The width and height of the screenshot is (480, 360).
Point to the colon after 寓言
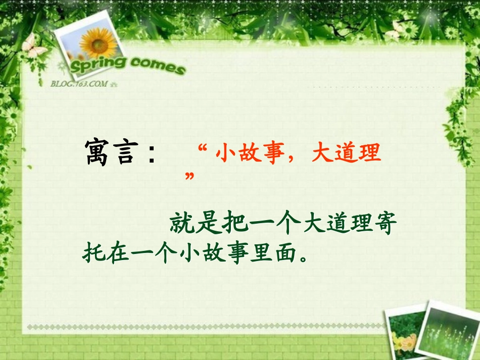tap(151, 155)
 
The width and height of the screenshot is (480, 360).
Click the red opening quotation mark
tap(204, 148)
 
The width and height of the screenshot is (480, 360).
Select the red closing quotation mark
tap(190, 176)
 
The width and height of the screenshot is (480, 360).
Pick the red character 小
tap(226, 153)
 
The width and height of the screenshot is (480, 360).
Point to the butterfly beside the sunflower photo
tap(32, 46)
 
